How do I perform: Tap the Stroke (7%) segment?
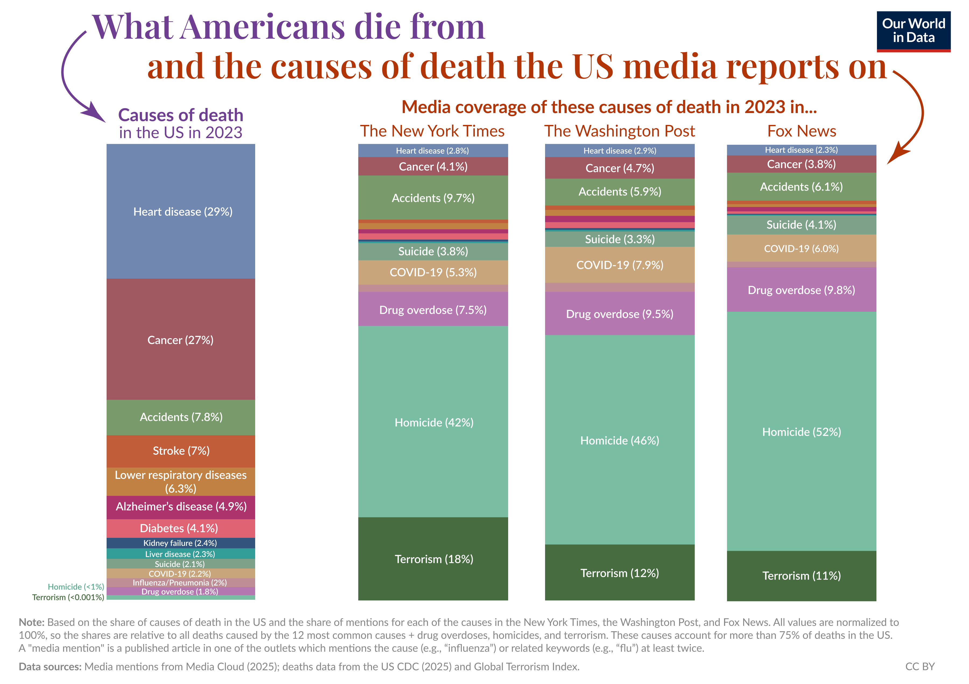pyautogui.click(x=181, y=451)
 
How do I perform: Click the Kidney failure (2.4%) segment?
pyautogui.click(x=180, y=543)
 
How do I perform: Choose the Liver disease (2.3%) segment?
pyautogui.click(x=180, y=554)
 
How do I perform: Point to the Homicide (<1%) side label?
pyautogui.click(x=76, y=587)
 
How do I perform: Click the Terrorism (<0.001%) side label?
pyautogui.click(x=68, y=597)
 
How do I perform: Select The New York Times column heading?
pyautogui.click(x=432, y=131)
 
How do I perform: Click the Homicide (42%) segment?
pyautogui.click(x=433, y=422)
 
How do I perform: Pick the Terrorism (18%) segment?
pyautogui.click(x=433, y=559)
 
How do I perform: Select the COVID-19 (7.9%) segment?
pyautogui.click(x=620, y=265)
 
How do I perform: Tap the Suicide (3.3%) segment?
pyautogui.click(x=620, y=239)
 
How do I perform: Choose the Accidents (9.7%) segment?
pyautogui.click(x=433, y=198)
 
